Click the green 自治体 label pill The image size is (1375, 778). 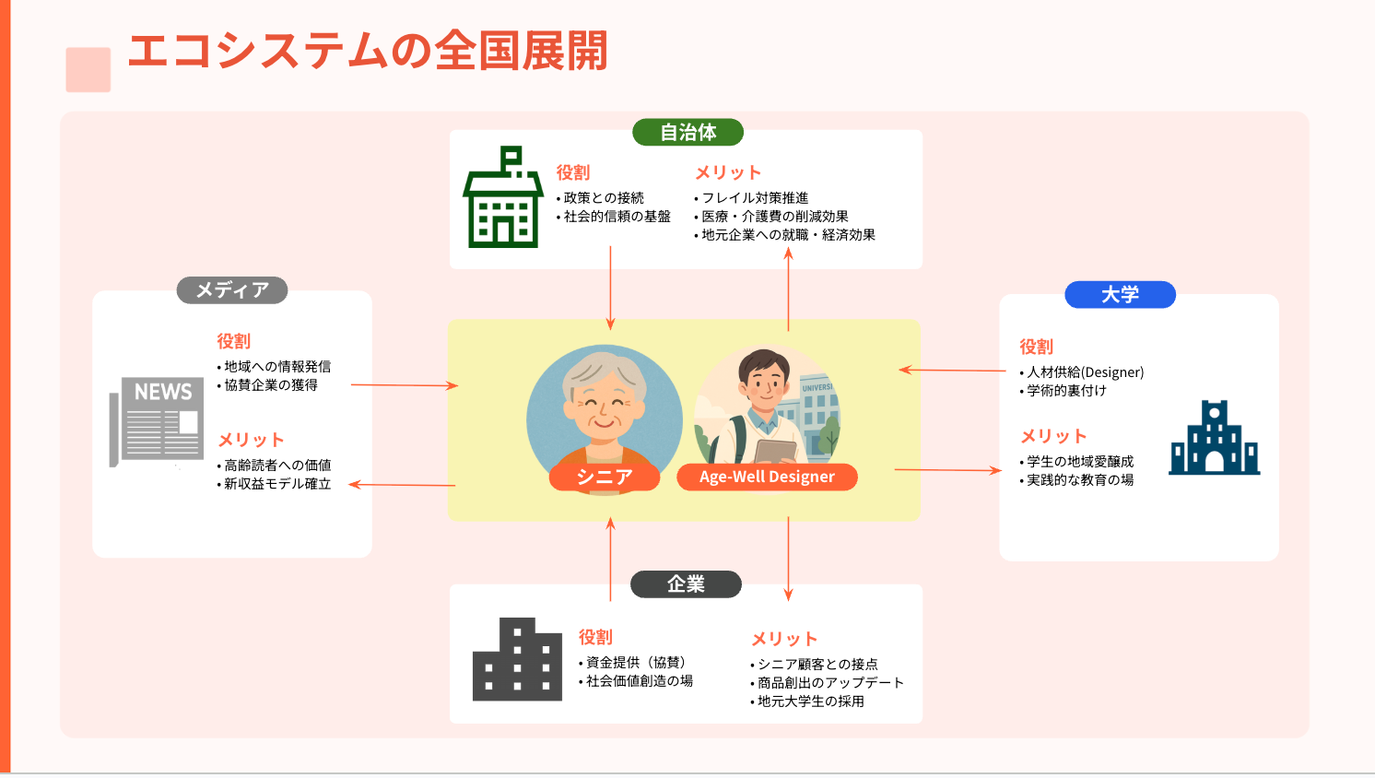[687, 133]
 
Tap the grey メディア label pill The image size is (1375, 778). [232, 290]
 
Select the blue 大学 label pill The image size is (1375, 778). [1120, 295]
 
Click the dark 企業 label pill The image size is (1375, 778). [686, 584]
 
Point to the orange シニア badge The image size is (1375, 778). [605, 477]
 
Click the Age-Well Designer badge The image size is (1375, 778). [767, 477]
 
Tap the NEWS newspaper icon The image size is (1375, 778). [157, 420]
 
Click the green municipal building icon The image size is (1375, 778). [502, 197]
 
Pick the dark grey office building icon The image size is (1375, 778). [517, 660]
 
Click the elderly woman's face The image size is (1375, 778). [605, 401]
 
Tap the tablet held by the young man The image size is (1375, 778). [774, 452]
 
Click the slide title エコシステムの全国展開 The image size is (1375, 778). [368, 52]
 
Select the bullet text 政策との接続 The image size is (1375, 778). [604, 198]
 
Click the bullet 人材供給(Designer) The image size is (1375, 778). [1085, 372]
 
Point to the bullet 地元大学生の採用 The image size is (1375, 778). [810, 701]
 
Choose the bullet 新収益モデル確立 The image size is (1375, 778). [276, 484]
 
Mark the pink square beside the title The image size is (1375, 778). [88, 70]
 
